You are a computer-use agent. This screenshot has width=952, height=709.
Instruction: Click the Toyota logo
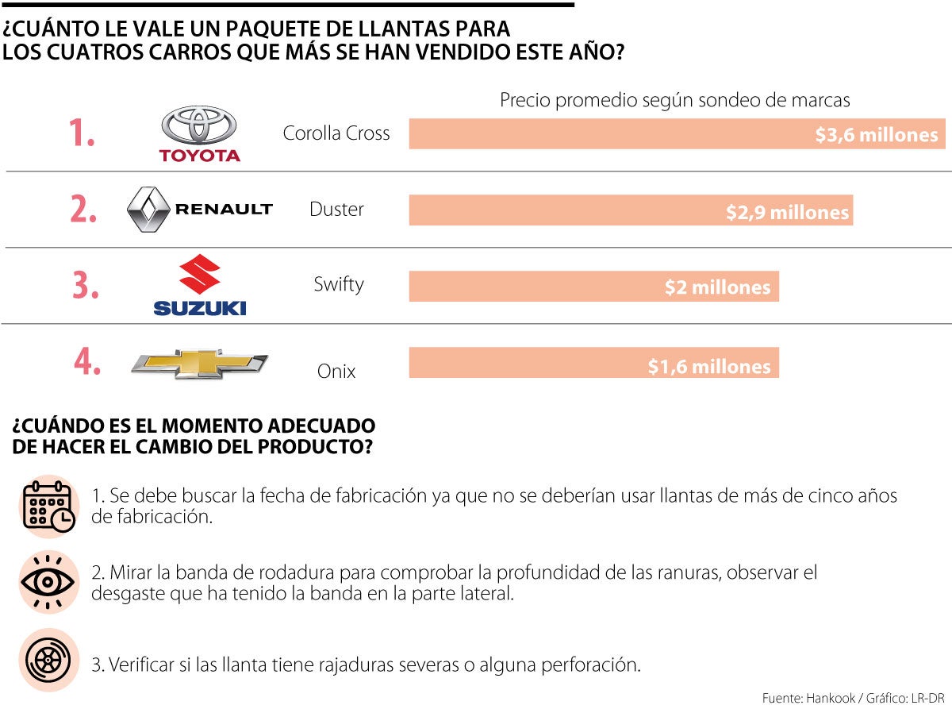199,133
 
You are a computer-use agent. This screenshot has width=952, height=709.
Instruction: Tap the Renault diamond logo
150,210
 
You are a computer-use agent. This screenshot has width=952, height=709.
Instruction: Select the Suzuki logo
199,284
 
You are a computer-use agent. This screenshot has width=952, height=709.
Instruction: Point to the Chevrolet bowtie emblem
199,364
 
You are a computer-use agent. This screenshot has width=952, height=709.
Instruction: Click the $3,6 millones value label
876,135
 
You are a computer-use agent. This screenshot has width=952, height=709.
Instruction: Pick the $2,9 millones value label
787,212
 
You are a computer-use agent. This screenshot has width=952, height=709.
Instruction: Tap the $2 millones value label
717,287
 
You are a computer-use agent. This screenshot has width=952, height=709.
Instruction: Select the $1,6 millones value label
708,366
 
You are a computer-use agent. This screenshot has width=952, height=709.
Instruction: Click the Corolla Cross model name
336,133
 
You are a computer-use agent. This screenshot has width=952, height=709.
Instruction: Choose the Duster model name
336,210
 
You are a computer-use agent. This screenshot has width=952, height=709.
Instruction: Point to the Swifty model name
338,284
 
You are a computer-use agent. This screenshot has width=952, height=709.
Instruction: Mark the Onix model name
336,371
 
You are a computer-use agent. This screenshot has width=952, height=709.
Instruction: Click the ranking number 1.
81,134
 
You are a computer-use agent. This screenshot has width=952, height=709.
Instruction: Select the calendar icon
48,506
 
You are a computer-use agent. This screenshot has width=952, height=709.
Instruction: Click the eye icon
48,582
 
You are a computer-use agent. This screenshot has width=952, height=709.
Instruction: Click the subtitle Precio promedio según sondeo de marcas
674,101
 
